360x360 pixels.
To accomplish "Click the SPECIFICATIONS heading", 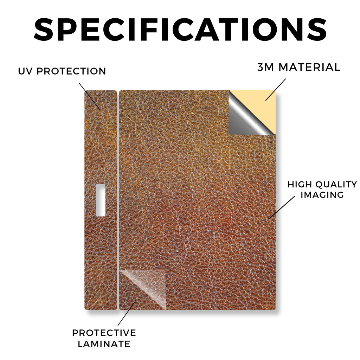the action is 180,30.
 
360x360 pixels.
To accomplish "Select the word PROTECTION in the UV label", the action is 71,71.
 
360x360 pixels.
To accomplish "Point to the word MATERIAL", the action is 309,67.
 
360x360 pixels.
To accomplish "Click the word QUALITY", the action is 336,184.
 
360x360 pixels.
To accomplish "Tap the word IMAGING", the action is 322,195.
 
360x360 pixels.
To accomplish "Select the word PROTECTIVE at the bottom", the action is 104,333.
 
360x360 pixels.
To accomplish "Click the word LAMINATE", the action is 104,344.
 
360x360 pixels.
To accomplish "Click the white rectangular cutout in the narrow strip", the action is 101,200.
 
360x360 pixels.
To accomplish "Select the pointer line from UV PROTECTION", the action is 90,96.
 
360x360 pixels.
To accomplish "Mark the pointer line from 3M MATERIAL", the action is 276,90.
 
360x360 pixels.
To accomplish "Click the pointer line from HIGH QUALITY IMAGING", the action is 282,207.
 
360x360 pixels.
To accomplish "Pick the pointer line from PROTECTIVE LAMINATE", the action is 127,313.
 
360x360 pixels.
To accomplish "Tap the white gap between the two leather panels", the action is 118,200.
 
